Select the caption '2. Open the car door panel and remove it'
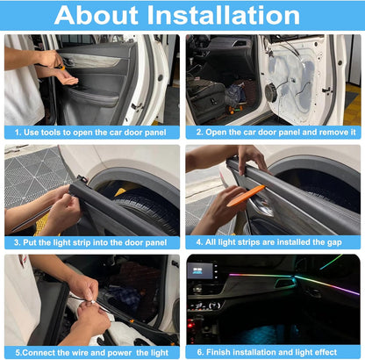click(273, 132)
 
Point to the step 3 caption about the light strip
click(91, 241)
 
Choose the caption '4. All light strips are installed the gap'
click(273, 241)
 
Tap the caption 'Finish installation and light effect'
click(273, 351)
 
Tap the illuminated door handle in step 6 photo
click(284, 283)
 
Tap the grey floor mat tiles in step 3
click(31, 171)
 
